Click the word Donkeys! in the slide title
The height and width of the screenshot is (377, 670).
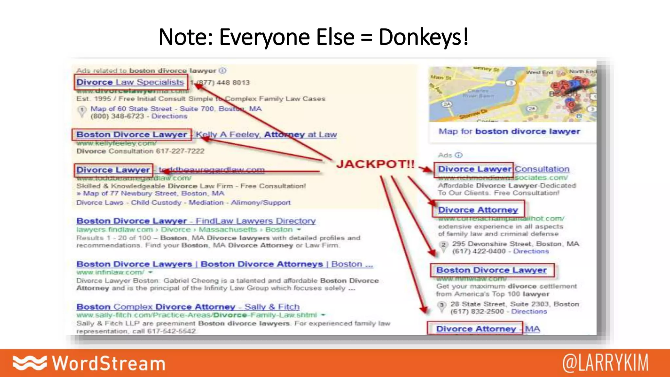tap(423, 37)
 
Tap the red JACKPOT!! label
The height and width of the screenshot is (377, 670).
tap(375, 164)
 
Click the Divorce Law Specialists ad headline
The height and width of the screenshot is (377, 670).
tap(130, 82)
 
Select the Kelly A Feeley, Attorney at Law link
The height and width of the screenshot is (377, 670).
tap(266, 135)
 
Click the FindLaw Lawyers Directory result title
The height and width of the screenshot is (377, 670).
tap(196, 221)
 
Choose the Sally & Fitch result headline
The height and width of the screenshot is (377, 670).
tap(188, 307)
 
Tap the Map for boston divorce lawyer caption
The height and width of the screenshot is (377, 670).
tap(509, 131)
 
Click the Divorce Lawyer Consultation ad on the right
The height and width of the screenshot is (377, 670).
tap(503, 169)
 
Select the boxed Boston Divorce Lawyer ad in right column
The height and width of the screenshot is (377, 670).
tap(491, 270)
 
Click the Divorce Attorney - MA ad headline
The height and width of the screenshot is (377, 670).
tap(488, 329)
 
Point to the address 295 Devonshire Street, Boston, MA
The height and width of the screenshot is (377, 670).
tap(515, 244)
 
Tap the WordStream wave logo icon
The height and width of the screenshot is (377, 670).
tap(30, 363)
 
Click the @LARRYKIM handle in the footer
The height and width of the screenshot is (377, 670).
tap(605, 363)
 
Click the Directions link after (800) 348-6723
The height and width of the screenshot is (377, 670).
tap(169, 116)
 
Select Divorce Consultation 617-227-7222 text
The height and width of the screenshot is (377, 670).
tap(140, 151)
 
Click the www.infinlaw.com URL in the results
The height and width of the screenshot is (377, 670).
tap(110, 272)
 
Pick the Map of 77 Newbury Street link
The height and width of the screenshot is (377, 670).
tap(153, 193)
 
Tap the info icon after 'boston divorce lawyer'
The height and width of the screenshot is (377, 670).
tap(222, 71)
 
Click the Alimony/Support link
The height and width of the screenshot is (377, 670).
tap(261, 203)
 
